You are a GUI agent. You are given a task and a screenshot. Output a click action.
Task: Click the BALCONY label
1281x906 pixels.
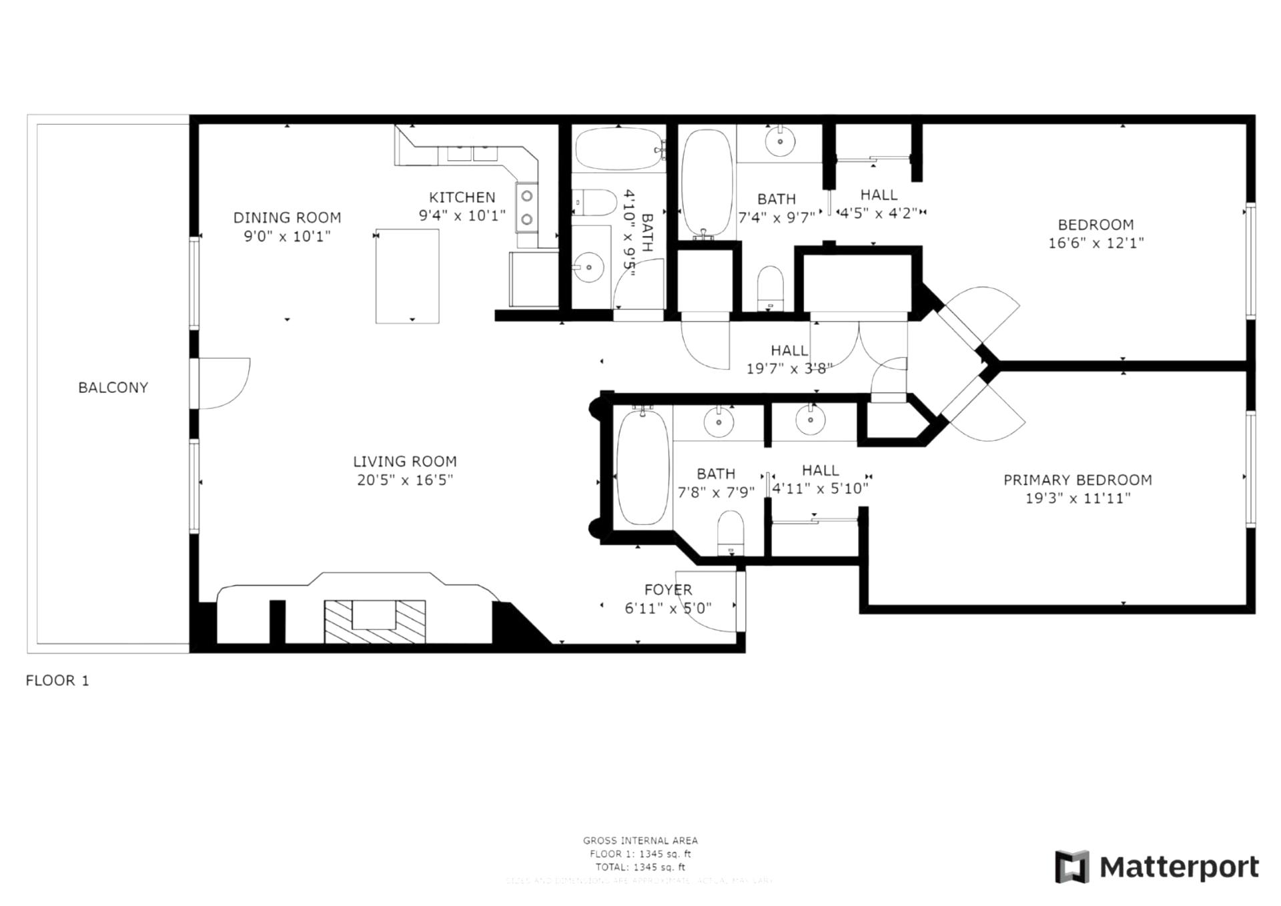tap(113, 388)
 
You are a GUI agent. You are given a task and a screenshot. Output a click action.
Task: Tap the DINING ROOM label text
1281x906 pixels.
tap(287, 217)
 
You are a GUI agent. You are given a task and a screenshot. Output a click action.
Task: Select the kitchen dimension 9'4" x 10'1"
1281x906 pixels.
tap(462, 215)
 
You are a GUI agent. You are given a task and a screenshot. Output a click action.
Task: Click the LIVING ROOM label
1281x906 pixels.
tap(404, 461)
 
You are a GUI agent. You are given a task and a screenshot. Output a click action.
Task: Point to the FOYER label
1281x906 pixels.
tap(668, 590)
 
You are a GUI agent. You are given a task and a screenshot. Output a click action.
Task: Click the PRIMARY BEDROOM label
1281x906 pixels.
tap(1078, 480)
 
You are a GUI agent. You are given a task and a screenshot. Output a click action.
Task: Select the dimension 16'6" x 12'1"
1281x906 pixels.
tap(1096, 243)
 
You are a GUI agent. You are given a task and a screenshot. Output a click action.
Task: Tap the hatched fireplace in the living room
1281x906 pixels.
tap(374, 622)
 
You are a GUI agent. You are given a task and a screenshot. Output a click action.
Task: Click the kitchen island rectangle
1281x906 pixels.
tap(407, 276)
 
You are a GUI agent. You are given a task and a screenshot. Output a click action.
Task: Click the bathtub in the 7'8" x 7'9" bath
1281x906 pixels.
tap(643, 468)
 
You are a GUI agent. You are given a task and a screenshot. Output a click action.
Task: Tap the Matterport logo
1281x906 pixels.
tap(1156, 867)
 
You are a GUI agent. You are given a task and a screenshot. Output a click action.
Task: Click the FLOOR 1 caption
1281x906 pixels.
tap(57, 681)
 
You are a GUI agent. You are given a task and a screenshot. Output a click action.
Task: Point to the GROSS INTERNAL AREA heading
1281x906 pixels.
tap(640, 841)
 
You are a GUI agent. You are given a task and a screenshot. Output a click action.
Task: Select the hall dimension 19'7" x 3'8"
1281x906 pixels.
tap(789, 368)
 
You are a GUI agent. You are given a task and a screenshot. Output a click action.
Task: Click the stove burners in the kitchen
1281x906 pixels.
tap(527, 207)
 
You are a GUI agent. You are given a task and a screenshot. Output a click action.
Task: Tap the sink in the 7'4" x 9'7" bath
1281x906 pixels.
tap(779, 141)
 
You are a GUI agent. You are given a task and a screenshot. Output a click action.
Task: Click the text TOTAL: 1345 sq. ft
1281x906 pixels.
tap(640, 867)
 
